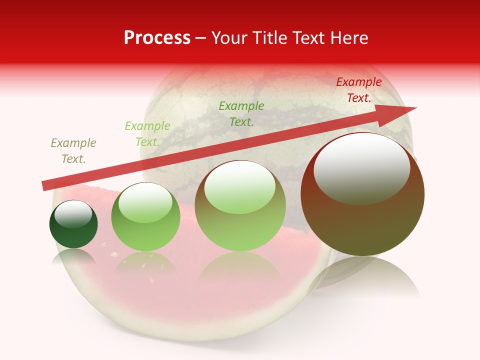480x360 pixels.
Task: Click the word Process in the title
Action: pyautogui.click(x=157, y=38)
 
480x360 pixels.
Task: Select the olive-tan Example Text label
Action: pyautogui.click(x=73, y=151)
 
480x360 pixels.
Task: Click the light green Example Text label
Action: pyautogui.click(x=147, y=134)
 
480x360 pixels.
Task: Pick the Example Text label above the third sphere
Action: pyautogui.click(x=241, y=113)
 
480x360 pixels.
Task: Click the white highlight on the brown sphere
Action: pyautogui.click(x=361, y=168)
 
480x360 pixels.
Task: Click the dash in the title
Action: pyautogui.click(x=201, y=38)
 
